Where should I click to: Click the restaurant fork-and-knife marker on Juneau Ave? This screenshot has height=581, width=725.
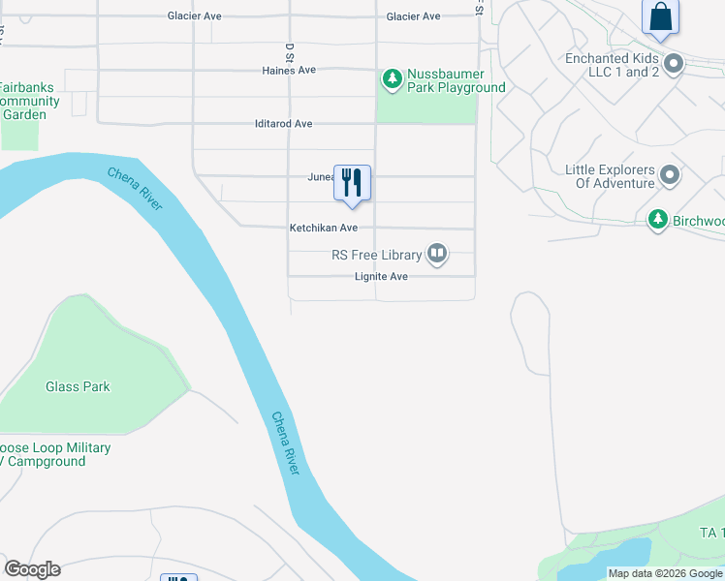pyautogui.click(x=352, y=182)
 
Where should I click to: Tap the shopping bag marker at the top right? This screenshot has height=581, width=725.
pyautogui.click(x=660, y=16)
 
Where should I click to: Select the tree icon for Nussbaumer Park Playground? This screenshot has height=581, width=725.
pyautogui.click(x=392, y=79)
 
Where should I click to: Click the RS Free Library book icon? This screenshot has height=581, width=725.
pyautogui.click(x=437, y=255)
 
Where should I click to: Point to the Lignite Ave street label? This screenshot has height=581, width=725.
pyautogui.click(x=380, y=277)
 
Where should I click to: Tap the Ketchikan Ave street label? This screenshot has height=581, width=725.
pyautogui.click(x=324, y=228)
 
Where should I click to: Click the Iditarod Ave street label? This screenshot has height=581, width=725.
pyautogui.click(x=283, y=124)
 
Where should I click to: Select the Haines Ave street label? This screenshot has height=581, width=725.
pyautogui.click(x=289, y=71)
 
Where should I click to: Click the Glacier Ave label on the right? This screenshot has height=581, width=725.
pyautogui.click(x=413, y=16)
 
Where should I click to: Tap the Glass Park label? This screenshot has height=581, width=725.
pyautogui.click(x=78, y=386)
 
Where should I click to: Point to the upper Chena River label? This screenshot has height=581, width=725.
pyautogui.click(x=135, y=190)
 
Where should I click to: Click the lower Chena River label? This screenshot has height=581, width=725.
pyautogui.click(x=285, y=443)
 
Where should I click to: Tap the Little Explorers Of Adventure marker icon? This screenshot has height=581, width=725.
pyautogui.click(x=670, y=176)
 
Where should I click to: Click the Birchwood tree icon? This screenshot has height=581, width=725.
pyautogui.click(x=658, y=221)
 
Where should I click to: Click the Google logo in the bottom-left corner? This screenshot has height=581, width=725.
pyautogui.click(x=32, y=569)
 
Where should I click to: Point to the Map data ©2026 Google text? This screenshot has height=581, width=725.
pyautogui.click(x=665, y=573)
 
